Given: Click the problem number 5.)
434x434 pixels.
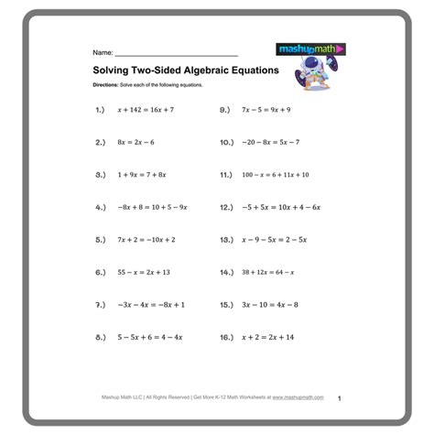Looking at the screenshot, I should click(x=101, y=240).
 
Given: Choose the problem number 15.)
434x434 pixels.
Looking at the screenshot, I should click(x=228, y=304).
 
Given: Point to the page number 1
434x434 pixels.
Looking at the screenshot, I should click(x=339, y=399).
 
